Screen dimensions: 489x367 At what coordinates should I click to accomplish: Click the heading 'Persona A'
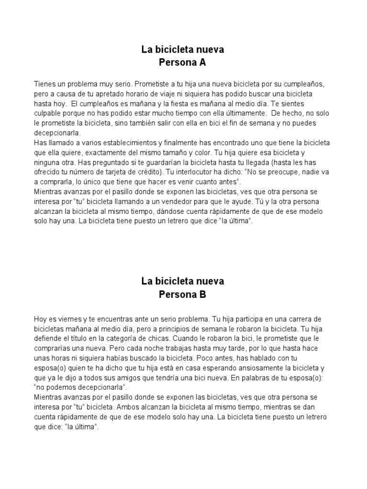(183, 62)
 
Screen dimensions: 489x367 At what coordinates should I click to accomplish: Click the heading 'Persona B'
(183, 294)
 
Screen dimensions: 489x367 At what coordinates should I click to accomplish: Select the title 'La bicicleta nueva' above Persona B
(183, 281)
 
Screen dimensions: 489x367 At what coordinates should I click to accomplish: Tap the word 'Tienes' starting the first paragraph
(45, 84)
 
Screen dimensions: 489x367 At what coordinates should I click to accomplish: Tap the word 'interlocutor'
(203, 173)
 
